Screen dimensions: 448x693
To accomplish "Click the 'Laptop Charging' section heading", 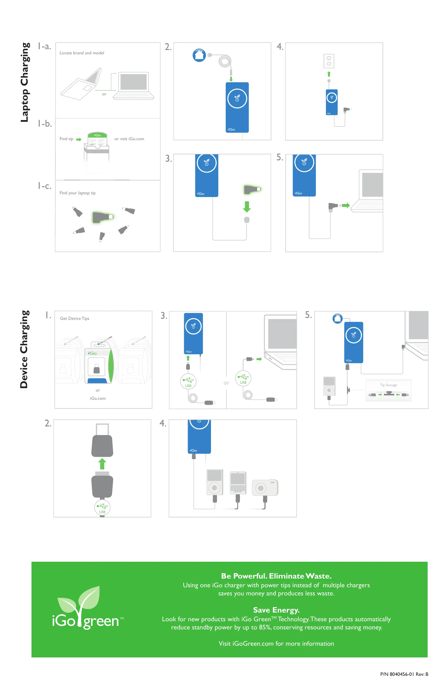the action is tap(25, 82).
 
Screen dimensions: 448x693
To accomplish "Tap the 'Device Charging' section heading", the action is tap(24, 349).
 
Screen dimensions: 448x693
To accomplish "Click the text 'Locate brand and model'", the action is tap(82, 53).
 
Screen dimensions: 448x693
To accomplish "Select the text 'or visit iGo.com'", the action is tap(129, 139).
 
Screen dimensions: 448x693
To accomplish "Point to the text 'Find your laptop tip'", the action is tap(77, 193).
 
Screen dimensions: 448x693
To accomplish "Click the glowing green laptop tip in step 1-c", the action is tap(102, 217).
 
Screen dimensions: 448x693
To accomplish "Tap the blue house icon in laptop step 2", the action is tap(199, 55).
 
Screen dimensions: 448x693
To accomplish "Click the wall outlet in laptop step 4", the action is tap(329, 61).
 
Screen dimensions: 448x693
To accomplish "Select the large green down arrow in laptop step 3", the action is tap(247, 207).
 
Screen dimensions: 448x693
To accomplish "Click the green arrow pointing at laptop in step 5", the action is tap(346, 205).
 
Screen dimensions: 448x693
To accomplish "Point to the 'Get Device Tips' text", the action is tap(74, 319).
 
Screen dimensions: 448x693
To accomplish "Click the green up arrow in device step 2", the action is tap(102, 464).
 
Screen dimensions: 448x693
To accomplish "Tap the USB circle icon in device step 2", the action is tap(102, 508).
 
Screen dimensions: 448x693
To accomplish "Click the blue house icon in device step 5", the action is tap(337, 319).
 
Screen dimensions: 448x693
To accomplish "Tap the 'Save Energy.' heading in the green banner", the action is tap(276, 610).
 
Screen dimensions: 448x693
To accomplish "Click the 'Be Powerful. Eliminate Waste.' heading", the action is tap(276, 576).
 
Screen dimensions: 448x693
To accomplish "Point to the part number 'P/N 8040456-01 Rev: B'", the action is tap(404, 674).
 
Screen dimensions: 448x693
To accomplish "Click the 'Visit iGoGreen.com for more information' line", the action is tap(276, 644).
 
